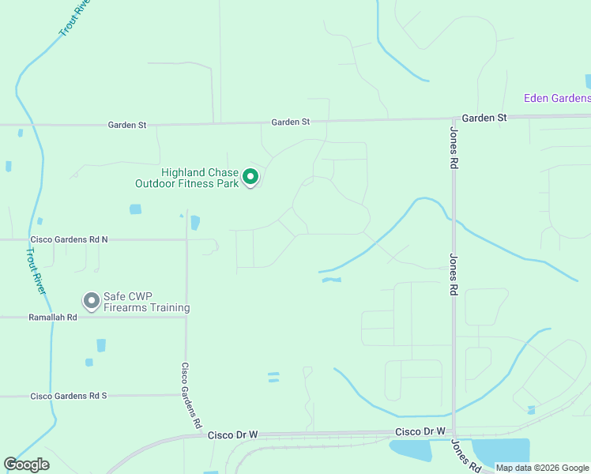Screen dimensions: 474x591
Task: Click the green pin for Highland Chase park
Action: click(x=250, y=177)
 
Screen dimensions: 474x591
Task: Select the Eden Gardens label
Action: click(x=557, y=99)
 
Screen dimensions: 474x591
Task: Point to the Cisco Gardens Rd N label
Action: click(x=69, y=239)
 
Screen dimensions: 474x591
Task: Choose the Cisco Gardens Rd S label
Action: click(x=68, y=396)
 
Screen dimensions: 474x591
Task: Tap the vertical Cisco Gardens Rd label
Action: click(x=191, y=395)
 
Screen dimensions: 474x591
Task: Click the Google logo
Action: click(x=27, y=465)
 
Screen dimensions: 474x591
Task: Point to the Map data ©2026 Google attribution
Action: click(x=542, y=468)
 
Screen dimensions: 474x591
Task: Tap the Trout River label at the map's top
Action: click(x=74, y=18)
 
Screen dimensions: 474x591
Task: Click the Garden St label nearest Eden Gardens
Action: click(x=484, y=118)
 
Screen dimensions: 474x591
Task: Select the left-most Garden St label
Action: click(x=127, y=125)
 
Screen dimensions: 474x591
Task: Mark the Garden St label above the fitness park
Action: click(x=290, y=122)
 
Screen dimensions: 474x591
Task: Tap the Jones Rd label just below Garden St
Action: click(x=454, y=149)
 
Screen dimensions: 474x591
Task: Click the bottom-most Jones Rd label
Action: click(x=466, y=457)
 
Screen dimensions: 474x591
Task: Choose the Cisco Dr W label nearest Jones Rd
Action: click(x=420, y=431)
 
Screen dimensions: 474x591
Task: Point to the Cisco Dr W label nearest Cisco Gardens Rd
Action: click(x=232, y=435)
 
